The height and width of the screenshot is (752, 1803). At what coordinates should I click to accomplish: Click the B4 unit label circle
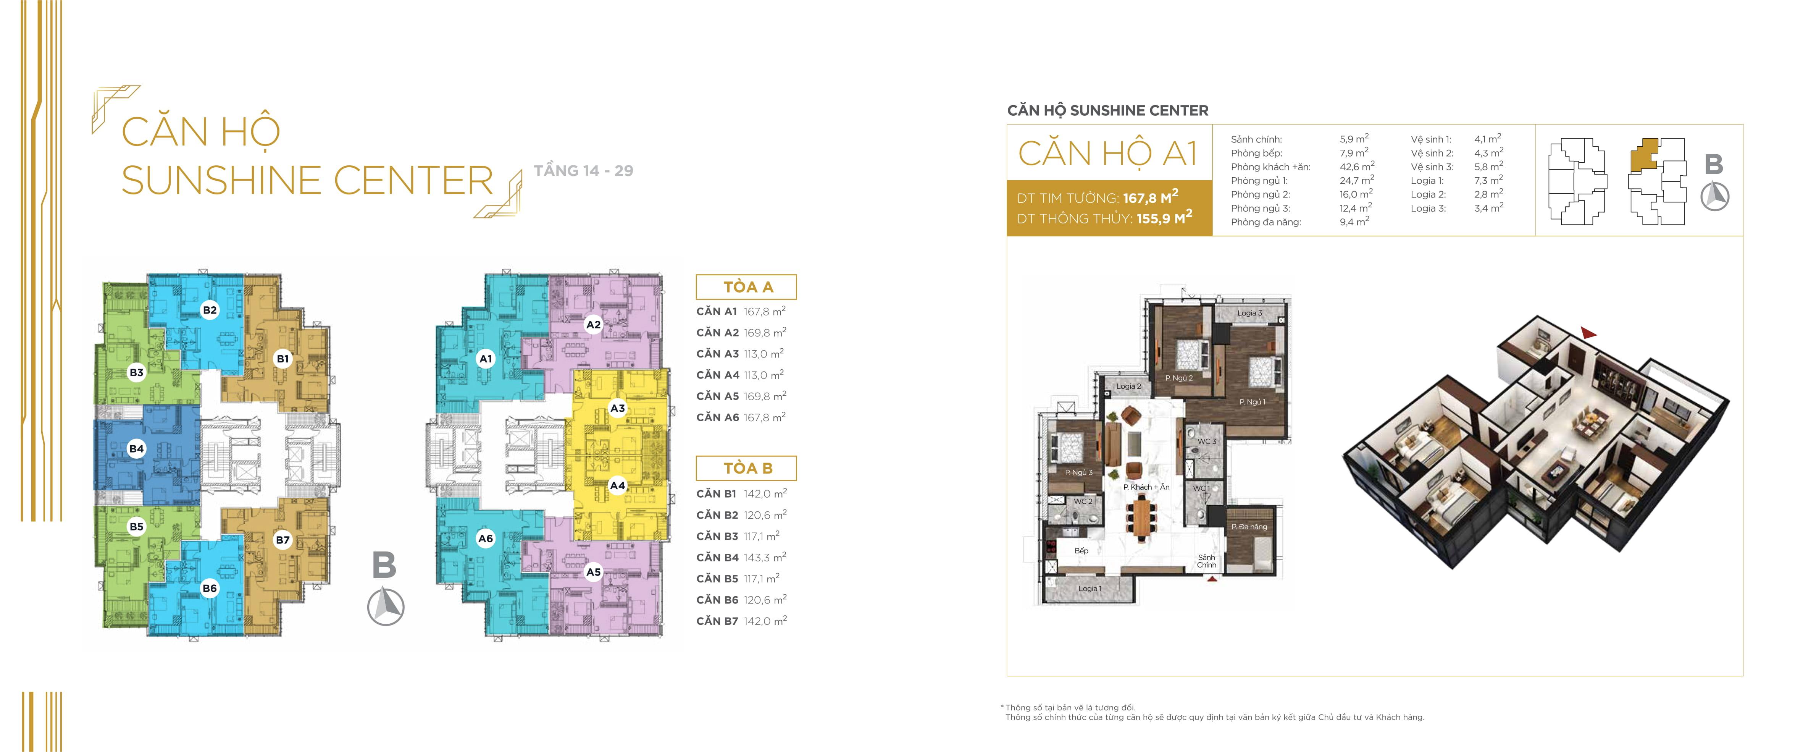tap(137, 449)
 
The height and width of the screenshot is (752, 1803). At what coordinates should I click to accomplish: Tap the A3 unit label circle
tap(617, 408)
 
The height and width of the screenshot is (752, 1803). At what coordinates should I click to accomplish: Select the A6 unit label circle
tap(485, 539)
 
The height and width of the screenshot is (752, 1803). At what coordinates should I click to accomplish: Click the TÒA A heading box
tap(746, 287)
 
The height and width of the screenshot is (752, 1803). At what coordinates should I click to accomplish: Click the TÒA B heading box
tap(746, 468)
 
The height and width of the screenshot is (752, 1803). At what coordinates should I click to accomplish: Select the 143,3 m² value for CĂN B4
tap(765, 557)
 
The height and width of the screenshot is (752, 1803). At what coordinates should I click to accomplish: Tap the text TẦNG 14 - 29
tap(583, 171)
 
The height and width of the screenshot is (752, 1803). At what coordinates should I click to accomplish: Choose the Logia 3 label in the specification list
tap(1429, 208)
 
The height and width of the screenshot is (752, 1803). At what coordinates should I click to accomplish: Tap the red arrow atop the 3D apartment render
tap(1588, 333)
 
